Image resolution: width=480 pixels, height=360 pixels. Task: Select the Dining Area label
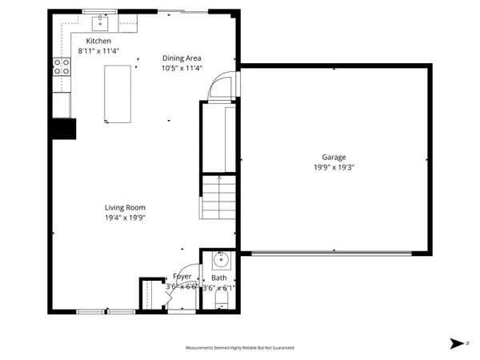182,58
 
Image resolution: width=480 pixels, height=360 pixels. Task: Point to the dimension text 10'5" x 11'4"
182,68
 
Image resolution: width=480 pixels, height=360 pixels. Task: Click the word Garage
334,158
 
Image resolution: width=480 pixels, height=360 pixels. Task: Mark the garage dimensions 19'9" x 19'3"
334,167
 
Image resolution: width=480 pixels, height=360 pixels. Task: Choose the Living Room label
125,207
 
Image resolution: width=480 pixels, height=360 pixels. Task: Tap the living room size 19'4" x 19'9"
125,217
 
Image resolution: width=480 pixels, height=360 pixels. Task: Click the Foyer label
182,276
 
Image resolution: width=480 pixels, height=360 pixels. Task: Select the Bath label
218,278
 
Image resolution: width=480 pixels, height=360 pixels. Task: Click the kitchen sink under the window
102,21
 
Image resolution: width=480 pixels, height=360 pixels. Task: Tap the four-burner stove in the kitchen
61,67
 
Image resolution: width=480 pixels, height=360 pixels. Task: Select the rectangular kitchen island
118,94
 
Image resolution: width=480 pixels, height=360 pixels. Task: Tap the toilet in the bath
222,301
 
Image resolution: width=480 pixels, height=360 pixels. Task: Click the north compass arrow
457,343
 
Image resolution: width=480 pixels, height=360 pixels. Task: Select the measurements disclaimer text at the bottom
240,348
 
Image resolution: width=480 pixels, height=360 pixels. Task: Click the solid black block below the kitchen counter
63,128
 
